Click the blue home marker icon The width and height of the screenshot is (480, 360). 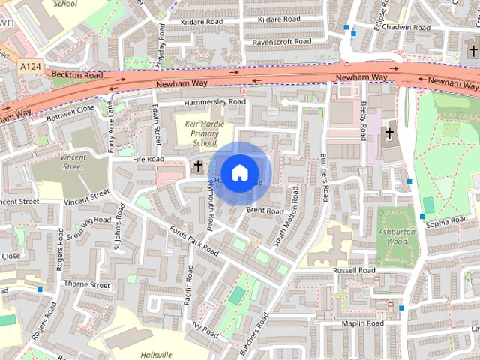[239, 172]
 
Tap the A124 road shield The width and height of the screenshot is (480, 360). [31, 67]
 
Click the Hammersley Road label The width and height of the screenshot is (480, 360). [214, 101]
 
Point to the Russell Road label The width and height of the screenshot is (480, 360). [354, 270]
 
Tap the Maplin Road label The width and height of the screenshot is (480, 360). [362, 322]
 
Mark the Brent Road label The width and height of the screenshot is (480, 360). [264, 211]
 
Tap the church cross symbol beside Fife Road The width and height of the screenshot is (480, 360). [199, 166]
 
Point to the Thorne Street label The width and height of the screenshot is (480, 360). [87, 284]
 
